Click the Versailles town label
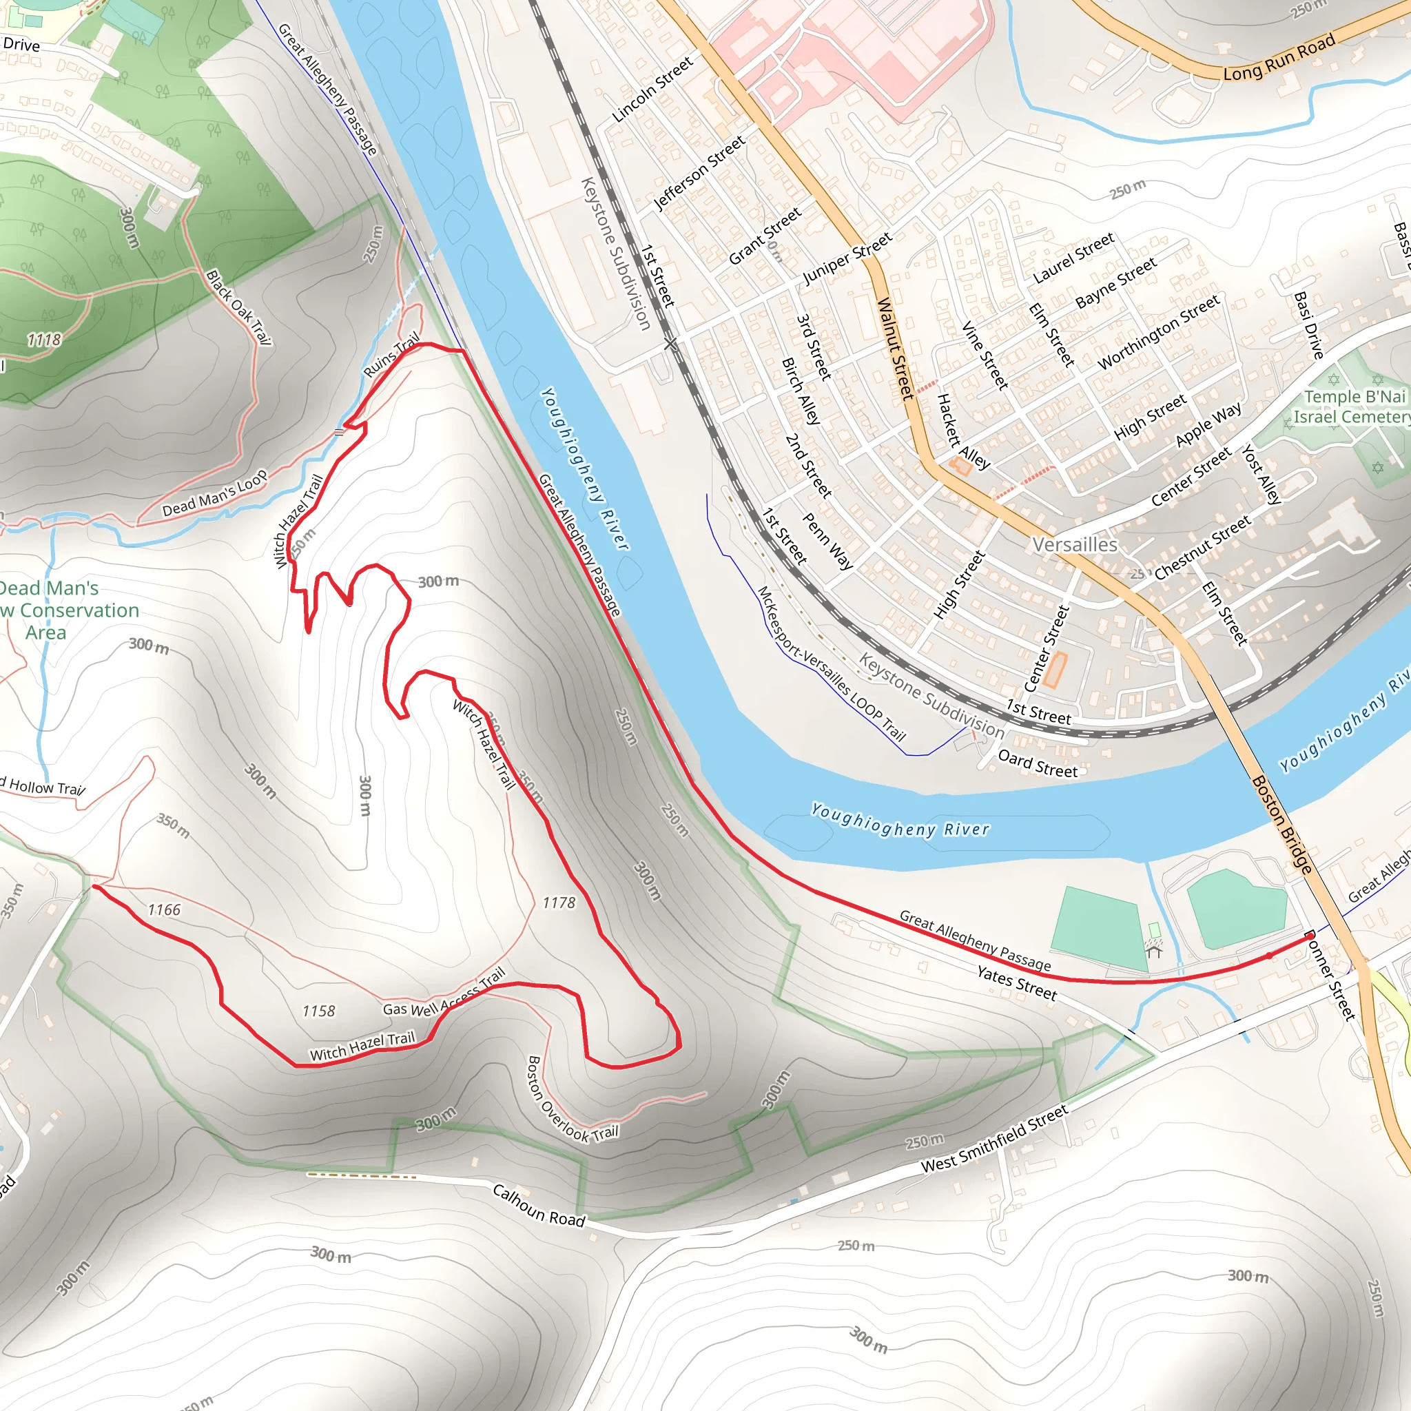point(1074,545)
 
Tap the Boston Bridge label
point(1281,824)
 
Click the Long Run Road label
point(1279,59)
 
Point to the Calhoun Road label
point(539,1205)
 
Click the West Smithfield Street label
point(995,1138)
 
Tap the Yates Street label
point(1017,982)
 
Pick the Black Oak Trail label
point(238,307)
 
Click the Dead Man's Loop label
point(215,495)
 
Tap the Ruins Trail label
point(392,354)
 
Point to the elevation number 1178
point(559,903)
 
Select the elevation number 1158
point(318,1011)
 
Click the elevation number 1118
point(44,340)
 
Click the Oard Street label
point(1037,764)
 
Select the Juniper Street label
point(847,258)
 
